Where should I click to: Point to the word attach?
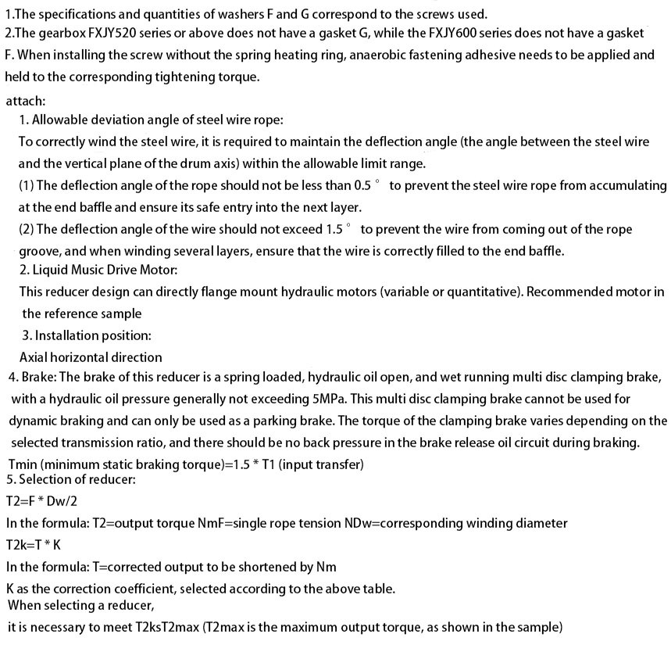[x=25, y=101]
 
